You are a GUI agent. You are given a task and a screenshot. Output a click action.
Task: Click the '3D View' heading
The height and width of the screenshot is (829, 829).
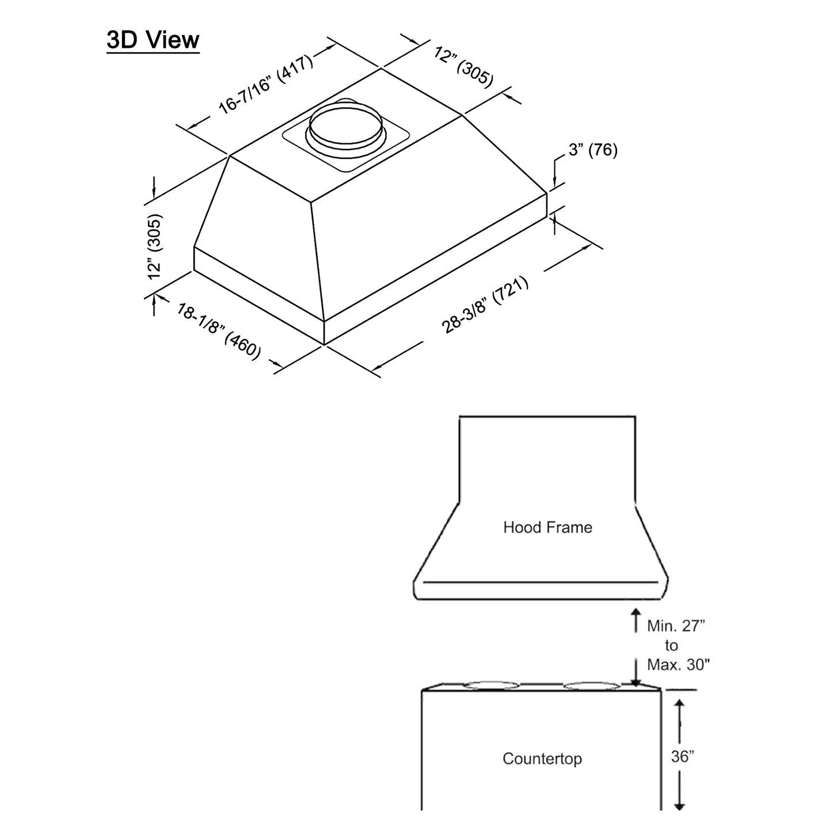point(153,40)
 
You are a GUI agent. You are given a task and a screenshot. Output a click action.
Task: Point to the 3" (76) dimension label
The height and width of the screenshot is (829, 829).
point(592,150)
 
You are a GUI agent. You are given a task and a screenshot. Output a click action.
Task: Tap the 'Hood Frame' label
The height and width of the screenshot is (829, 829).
point(547,527)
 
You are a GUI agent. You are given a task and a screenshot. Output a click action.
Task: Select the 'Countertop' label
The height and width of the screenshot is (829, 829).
point(542,758)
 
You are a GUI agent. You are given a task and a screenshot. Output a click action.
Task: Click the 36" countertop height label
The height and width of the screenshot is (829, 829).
point(682,756)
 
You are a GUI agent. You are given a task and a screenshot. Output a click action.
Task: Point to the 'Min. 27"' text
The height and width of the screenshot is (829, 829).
point(676,626)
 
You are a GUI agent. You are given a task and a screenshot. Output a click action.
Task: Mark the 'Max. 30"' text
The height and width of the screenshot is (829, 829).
point(678,665)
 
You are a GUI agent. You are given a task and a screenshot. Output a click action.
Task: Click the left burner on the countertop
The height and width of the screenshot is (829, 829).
point(491,685)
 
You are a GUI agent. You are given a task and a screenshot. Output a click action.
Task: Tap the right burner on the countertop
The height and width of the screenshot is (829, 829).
point(591,685)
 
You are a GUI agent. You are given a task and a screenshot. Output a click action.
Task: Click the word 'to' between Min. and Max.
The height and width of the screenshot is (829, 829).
point(671,645)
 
